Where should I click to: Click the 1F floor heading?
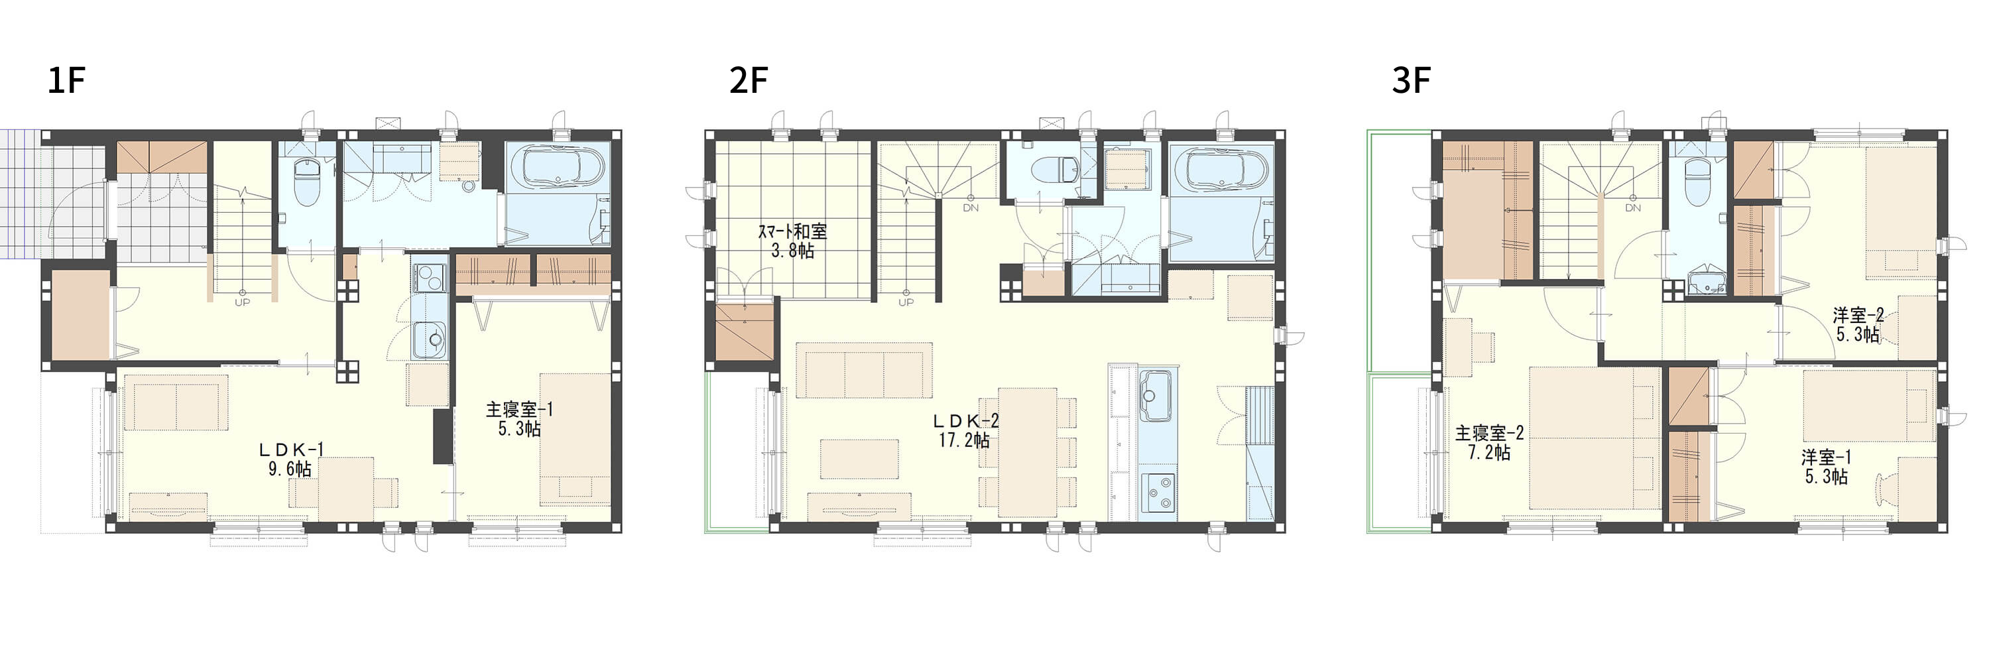pos(66,80)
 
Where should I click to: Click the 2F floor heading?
pos(748,80)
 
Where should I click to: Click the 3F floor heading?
pos(1411,80)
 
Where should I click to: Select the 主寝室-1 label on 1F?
pos(519,410)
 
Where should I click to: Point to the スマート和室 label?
pos(792,231)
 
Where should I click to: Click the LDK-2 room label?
pos(965,420)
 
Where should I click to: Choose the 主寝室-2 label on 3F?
pos(1490,433)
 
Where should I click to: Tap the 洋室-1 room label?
pos(1826,457)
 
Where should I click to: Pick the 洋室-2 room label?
pos(1858,315)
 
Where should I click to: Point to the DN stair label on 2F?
pos(971,208)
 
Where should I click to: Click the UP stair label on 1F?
pos(243,302)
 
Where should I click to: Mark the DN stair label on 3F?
pos(1633,208)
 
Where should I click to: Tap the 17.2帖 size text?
pos(965,441)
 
